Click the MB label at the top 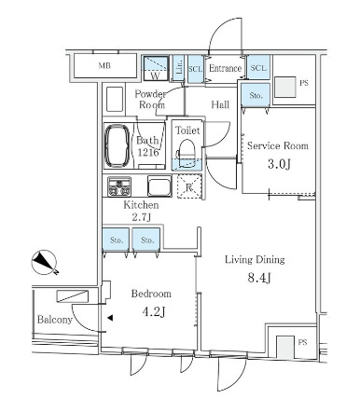pyautogui.click(x=104, y=66)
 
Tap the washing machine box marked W pyautogui.click(x=156, y=68)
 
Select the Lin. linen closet pyautogui.click(x=178, y=68)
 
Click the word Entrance pyautogui.click(x=225, y=68)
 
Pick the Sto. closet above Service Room pyautogui.click(x=256, y=95)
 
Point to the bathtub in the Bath pyautogui.click(x=118, y=146)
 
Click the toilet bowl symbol pyautogui.click(x=187, y=151)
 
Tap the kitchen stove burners pyautogui.click(x=119, y=186)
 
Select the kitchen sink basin pyautogui.click(x=159, y=186)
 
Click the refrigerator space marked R pyautogui.click(x=189, y=186)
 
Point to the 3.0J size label pyautogui.click(x=279, y=164)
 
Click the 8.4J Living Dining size pyautogui.click(x=259, y=278)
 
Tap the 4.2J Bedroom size pyautogui.click(x=153, y=311)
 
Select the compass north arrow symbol pyautogui.click(x=45, y=263)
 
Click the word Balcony pyautogui.click(x=55, y=320)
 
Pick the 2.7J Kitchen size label pyautogui.click(x=142, y=217)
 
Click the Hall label pyautogui.click(x=220, y=104)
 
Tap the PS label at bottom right pyautogui.click(x=302, y=342)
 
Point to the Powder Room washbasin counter pyautogui.click(x=115, y=99)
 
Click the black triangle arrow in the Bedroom pyautogui.click(x=110, y=318)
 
